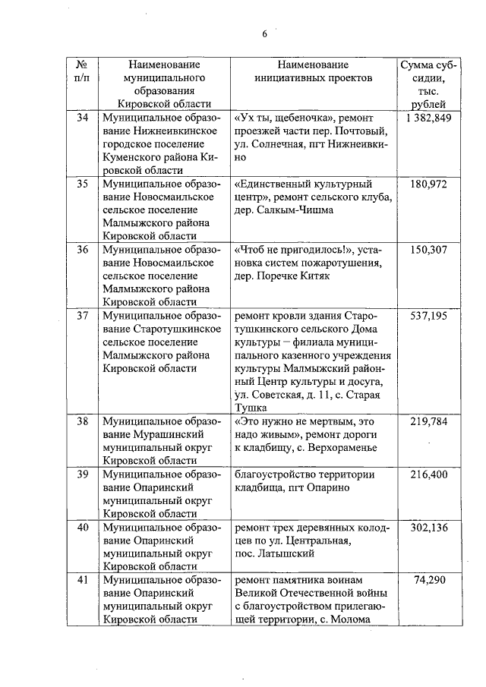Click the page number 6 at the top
point(264,33)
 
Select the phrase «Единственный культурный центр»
point(303,191)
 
